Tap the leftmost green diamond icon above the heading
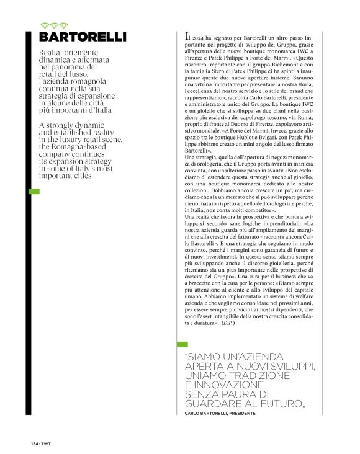coord(43,24)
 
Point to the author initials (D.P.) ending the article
coord(227,323)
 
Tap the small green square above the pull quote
coord(182,344)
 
